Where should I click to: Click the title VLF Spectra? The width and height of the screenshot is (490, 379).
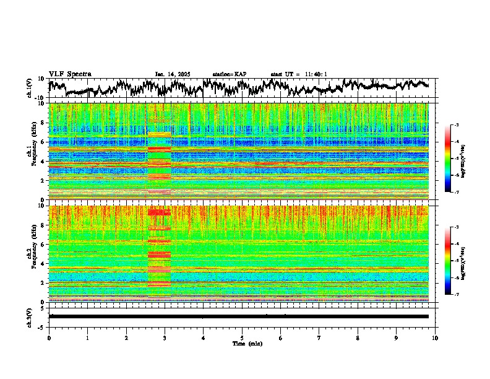point(70,74)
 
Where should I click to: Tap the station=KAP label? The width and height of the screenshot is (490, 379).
point(230,74)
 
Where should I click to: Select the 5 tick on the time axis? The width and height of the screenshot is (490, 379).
point(242,338)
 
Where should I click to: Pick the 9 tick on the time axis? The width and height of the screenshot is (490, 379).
point(397,338)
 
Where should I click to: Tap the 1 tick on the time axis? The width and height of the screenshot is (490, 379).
point(87,338)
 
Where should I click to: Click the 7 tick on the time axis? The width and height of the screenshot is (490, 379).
point(319,338)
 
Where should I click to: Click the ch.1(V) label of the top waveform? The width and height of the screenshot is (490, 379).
point(29,88)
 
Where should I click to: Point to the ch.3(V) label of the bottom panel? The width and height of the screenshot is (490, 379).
point(29,316)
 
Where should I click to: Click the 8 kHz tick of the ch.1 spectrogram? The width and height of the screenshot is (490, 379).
point(41,123)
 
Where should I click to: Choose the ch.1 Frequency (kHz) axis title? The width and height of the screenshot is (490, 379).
point(31,152)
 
